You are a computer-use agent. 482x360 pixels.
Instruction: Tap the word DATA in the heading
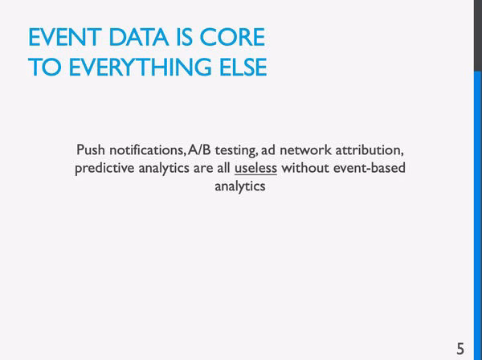tap(139, 37)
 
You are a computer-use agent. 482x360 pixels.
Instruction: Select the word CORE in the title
tap(232, 37)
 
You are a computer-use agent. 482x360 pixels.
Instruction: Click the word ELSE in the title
tap(243, 67)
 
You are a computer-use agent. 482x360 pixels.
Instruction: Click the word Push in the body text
tap(91, 149)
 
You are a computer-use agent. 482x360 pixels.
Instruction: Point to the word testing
tap(236, 150)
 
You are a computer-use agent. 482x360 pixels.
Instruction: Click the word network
tap(305, 149)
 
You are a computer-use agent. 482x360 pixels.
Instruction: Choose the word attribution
tap(370, 149)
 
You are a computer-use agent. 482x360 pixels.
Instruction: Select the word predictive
tap(104, 168)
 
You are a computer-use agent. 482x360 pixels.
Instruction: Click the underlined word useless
tap(255, 168)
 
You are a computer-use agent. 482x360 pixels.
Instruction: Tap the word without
tap(305, 168)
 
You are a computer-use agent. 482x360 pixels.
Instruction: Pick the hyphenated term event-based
tap(370, 168)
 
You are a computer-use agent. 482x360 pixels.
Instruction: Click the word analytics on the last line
tap(240, 186)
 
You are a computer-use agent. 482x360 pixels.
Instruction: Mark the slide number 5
tap(460, 349)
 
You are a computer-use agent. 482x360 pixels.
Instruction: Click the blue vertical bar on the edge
tap(478, 215)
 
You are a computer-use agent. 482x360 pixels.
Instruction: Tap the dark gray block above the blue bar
tap(478, 35)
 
